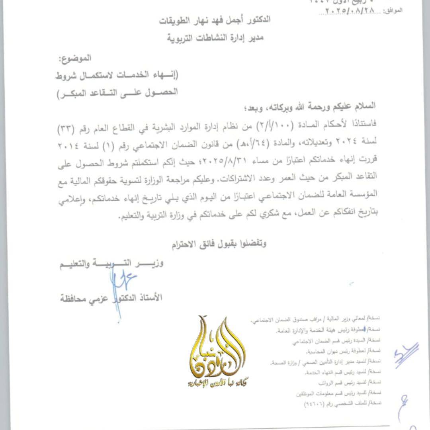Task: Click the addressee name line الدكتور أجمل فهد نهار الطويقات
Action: click(215, 20)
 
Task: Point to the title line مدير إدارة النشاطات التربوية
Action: click(215, 38)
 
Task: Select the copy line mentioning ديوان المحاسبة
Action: click(343, 351)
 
